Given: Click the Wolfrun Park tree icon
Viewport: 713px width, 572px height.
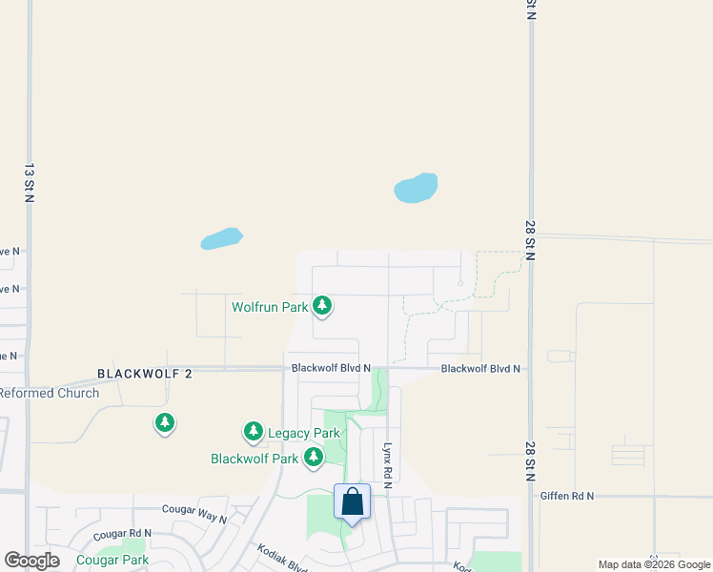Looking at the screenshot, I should [x=323, y=306].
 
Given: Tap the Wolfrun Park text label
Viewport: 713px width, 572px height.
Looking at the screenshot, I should [x=270, y=307].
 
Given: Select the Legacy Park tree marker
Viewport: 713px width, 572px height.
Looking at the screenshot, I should [x=254, y=432].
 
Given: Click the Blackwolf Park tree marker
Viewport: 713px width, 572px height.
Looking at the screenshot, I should [x=314, y=458].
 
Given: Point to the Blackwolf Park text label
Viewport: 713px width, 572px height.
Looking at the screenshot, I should [x=255, y=459].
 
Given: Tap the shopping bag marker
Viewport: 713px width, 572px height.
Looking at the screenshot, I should [x=352, y=501].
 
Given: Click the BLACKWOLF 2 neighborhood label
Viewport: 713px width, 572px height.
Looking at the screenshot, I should [x=145, y=374].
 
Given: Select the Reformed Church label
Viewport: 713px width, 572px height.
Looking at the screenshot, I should [x=49, y=393].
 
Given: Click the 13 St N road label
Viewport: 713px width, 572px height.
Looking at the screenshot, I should [x=30, y=183].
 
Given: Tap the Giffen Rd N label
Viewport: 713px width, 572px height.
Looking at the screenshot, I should [x=566, y=496].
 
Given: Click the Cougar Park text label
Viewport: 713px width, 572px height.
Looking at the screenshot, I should [x=112, y=560].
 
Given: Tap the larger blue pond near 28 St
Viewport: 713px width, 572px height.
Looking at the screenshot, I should [x=417, y=188].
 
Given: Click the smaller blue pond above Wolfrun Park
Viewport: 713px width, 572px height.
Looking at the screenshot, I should [x=221, y=238].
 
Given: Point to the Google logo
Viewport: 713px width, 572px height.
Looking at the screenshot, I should [x=31, y=561].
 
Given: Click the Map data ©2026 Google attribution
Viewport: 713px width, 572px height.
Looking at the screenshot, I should [x=654, y=564].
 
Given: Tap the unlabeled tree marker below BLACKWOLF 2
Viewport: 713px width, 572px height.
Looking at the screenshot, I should [x=165, y=421].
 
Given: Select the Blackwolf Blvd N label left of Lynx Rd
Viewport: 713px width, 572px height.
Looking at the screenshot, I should [x=331, y=368].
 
